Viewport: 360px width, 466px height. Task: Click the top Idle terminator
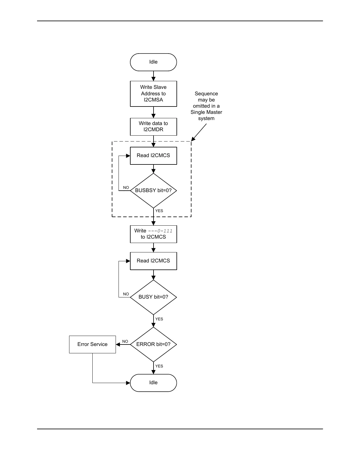(x=153, y=62)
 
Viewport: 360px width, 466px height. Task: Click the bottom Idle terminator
(x=153, y=383)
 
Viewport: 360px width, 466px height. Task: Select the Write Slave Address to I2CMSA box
(x=153, y=94)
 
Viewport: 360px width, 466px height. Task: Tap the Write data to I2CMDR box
(x=153, y=127)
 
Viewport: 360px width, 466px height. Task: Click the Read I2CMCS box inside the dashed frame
(x=153, y=156)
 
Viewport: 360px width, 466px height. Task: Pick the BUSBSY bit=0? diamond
(x=153, y=190)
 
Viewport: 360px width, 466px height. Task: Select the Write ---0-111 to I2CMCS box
(x=153, y=234)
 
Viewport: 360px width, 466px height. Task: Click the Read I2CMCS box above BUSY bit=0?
(x=153, y=261)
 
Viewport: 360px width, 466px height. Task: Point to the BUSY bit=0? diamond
(x=153, y=297)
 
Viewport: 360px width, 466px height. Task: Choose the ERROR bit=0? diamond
(x=153, y=344)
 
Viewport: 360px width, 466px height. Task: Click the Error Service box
(x=92, y=344)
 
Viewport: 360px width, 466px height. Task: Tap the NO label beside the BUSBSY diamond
(x=126, y=188)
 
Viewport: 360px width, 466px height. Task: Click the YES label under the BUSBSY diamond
(x=159, y=211)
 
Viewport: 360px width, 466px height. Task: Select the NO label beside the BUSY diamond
(x=126, y=294)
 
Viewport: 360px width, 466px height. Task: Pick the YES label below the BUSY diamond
(x=159, y=319)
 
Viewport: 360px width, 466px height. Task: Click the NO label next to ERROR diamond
(x=125, y=342)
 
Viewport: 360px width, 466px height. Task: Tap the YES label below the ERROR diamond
(x=159, y=366)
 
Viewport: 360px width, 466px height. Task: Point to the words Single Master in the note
(x=206, y=112)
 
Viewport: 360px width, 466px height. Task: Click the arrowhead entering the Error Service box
(x=118, y=344)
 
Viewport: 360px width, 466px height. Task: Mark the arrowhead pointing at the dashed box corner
(x=193, y=139)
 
